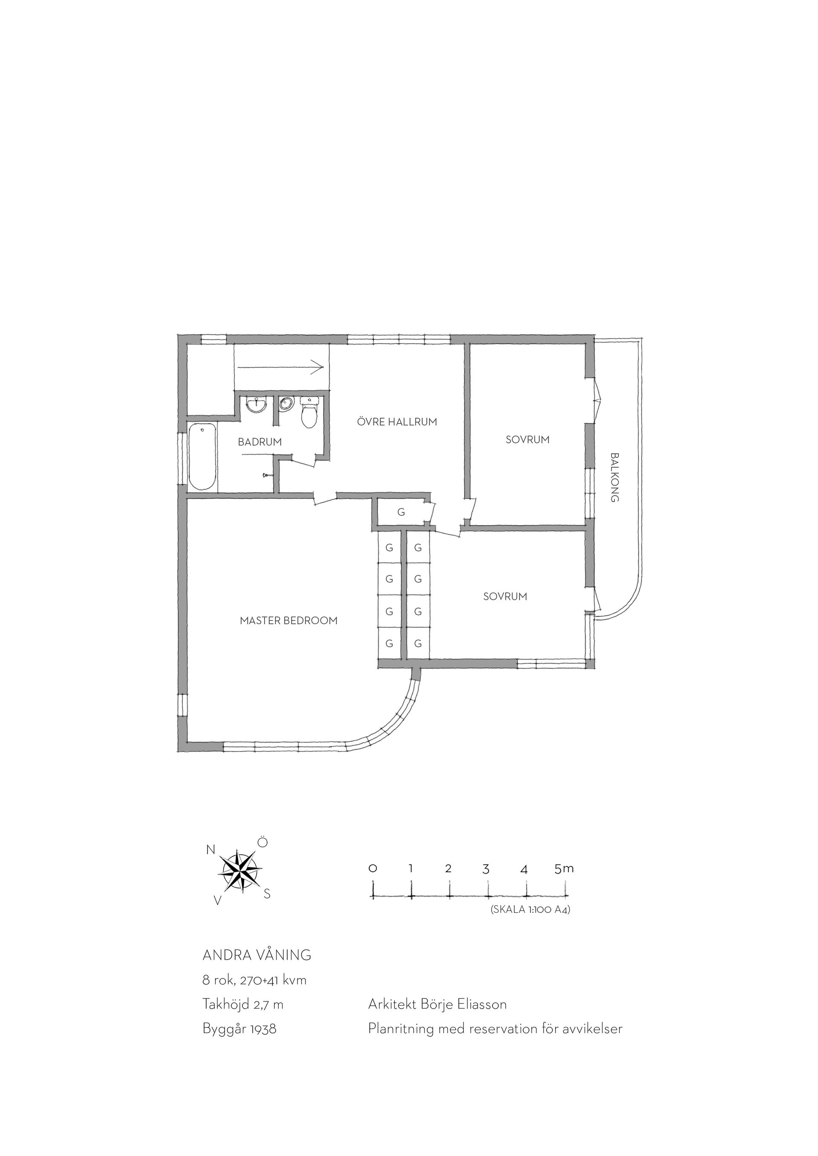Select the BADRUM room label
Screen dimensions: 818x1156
(260, 442)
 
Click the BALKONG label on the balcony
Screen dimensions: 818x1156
(614, 477)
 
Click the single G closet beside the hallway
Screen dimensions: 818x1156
(401, 513)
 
